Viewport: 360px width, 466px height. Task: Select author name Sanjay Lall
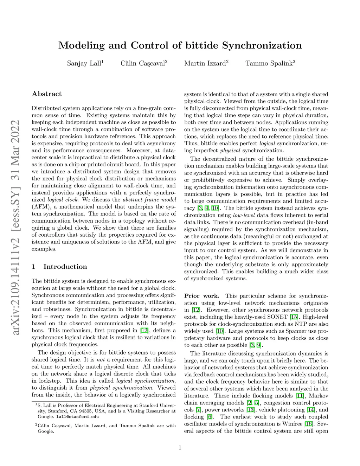(x=84, y=64)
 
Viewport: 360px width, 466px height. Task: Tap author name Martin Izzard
(x=205, y=64)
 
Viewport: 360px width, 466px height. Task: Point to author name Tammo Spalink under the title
(x=269, y=64)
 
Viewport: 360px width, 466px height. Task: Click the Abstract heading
(x=47, y=94)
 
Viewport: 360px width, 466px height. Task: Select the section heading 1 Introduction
(x=59, y=267)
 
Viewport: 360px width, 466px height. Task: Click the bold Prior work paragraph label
(x=202, y=296)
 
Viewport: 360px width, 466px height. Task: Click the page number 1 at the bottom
(x=180, y=448)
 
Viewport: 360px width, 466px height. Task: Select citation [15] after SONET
(x=294, y=317)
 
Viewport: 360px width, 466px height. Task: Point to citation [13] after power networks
(x=250, y=410)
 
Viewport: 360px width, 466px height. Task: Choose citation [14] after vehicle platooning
(x=310, y=410)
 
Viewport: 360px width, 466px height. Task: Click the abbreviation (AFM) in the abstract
(x=41, y=207)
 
